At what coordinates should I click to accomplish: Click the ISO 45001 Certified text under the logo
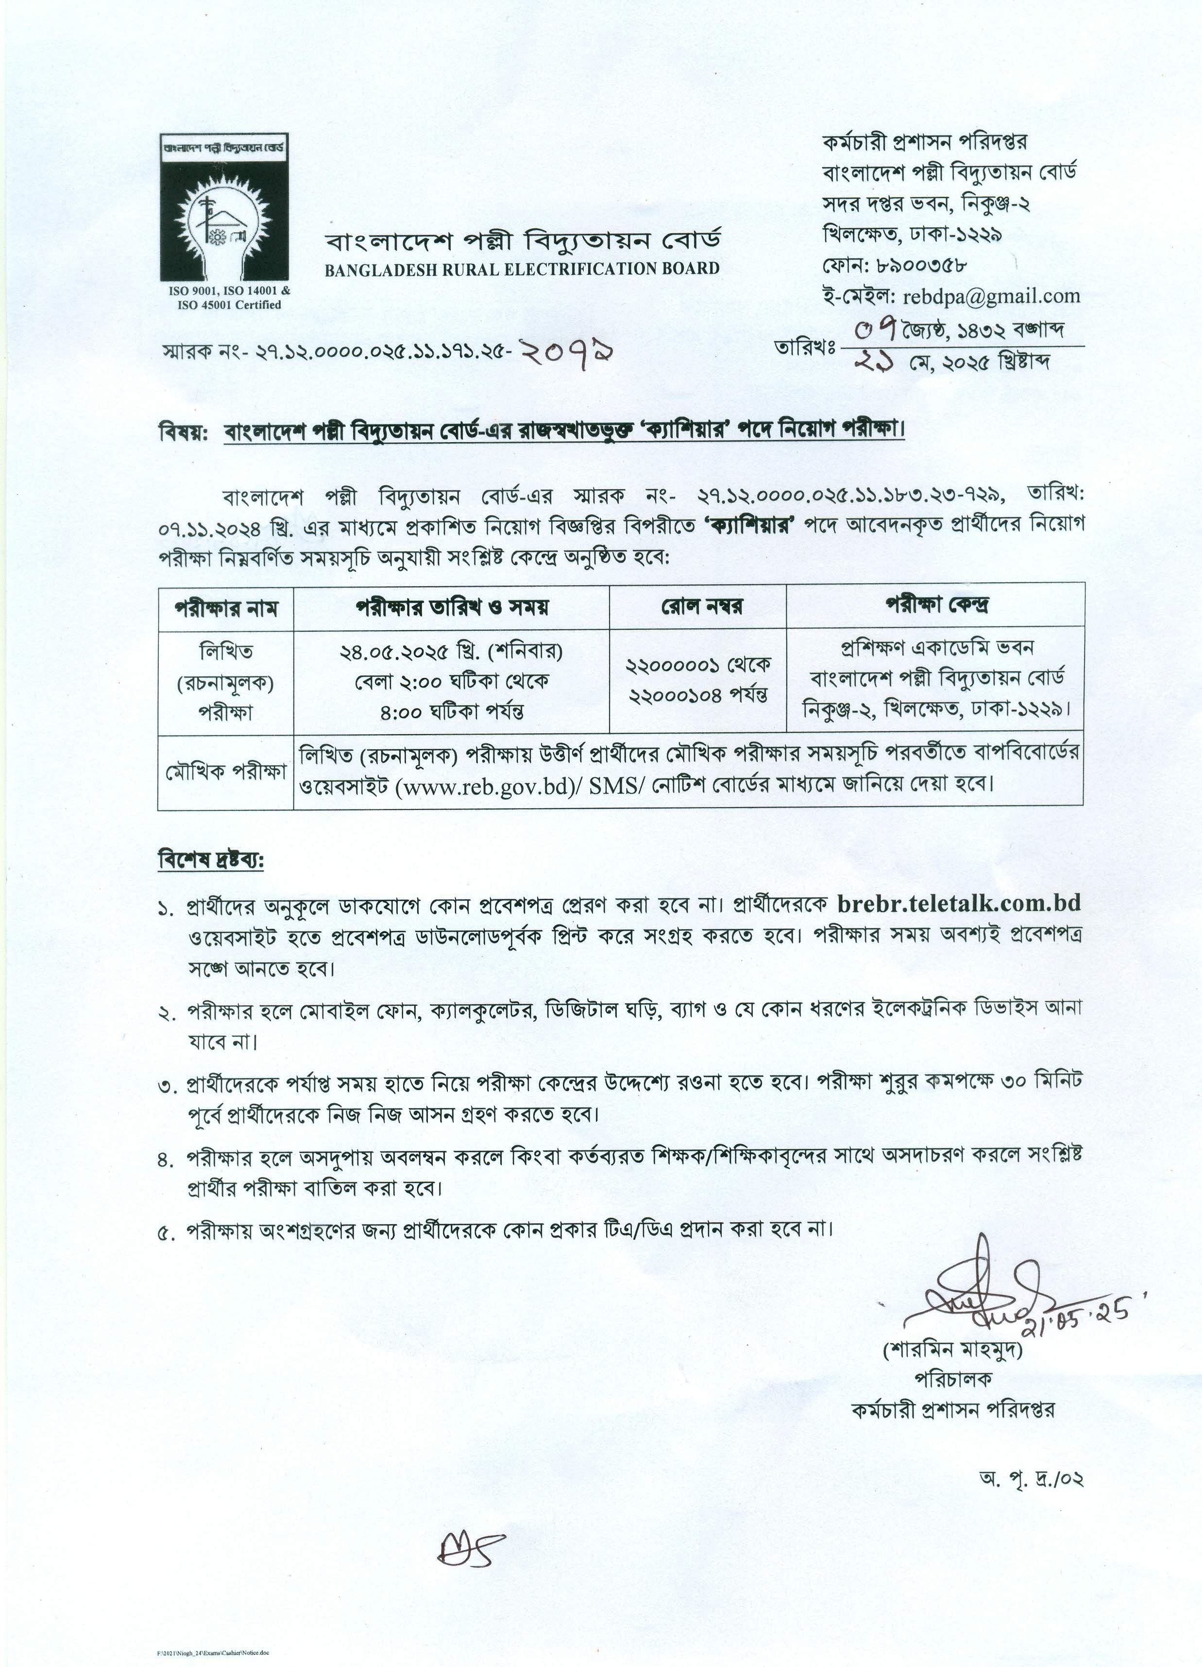tap(229, 305)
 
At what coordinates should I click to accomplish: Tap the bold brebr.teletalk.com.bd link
tap(959, 903)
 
